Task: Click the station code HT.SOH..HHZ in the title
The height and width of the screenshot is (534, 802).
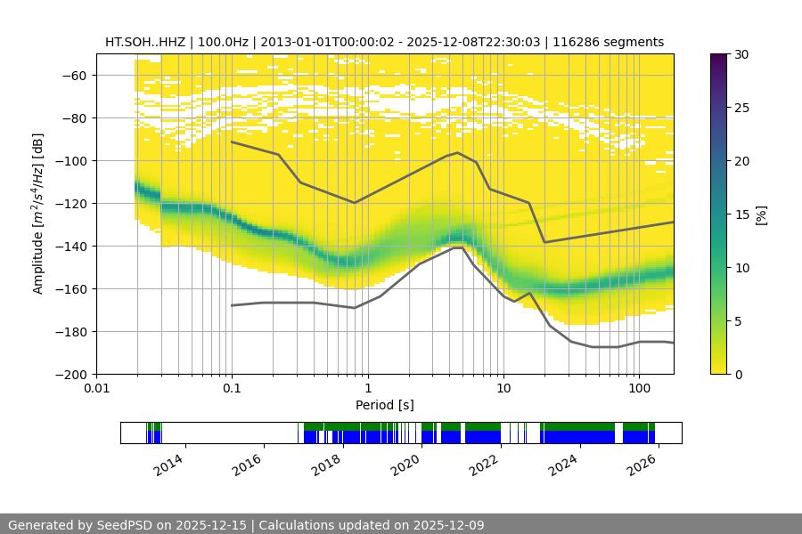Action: (143, 42)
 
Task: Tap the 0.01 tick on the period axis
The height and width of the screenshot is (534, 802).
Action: (96, 389)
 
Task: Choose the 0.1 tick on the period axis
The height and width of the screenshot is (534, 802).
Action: (232, 389)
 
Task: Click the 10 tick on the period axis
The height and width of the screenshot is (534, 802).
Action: (503, 389)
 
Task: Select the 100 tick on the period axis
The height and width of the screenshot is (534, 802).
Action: (638, 389)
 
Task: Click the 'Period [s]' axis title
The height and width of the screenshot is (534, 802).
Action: (384, 405)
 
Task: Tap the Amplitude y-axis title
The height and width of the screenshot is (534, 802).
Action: (37, 214)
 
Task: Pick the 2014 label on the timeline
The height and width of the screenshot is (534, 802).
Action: (169, 464)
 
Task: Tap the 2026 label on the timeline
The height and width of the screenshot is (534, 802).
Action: (644, 464)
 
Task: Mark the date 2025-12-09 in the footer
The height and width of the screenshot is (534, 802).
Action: (446, 525)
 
